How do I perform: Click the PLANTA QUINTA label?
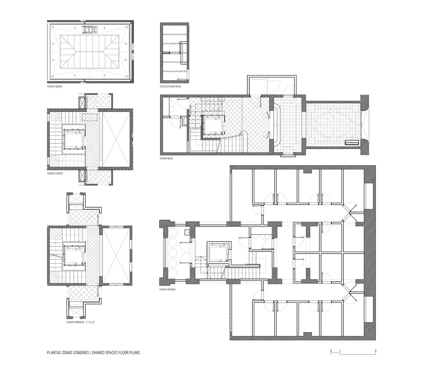[55, 86]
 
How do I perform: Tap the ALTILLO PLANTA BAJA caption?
[170, 86]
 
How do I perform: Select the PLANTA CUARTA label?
[55, 173]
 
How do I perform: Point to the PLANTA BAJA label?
[166, 158]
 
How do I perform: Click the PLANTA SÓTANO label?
[167, 290]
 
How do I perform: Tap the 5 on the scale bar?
[376, 351]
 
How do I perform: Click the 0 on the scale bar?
[331, 351]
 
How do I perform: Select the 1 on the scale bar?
[340, 351]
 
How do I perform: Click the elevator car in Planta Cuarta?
[74, 139]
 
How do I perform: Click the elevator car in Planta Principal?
[74, 255]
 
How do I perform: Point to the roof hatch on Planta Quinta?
[90, 29]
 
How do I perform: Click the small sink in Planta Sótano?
[187, 232]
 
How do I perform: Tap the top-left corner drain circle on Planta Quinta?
[53, 27]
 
